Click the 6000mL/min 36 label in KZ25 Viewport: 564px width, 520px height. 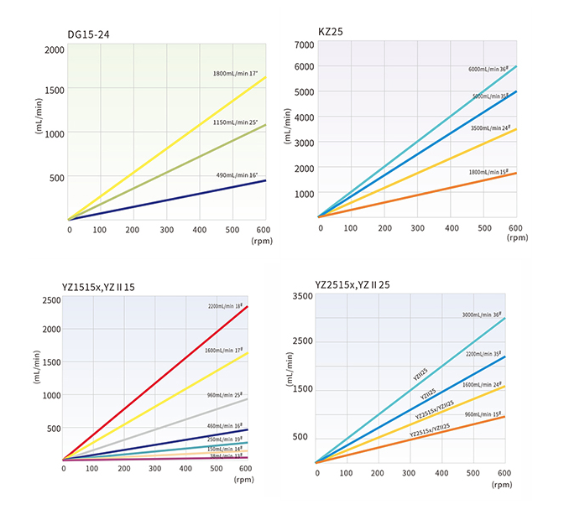pos(492,69)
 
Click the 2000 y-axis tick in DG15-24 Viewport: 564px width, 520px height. pos(55,49)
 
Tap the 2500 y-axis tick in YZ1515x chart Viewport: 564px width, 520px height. pos(50,300)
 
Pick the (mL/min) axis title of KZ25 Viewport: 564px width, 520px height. pos(288,127)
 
